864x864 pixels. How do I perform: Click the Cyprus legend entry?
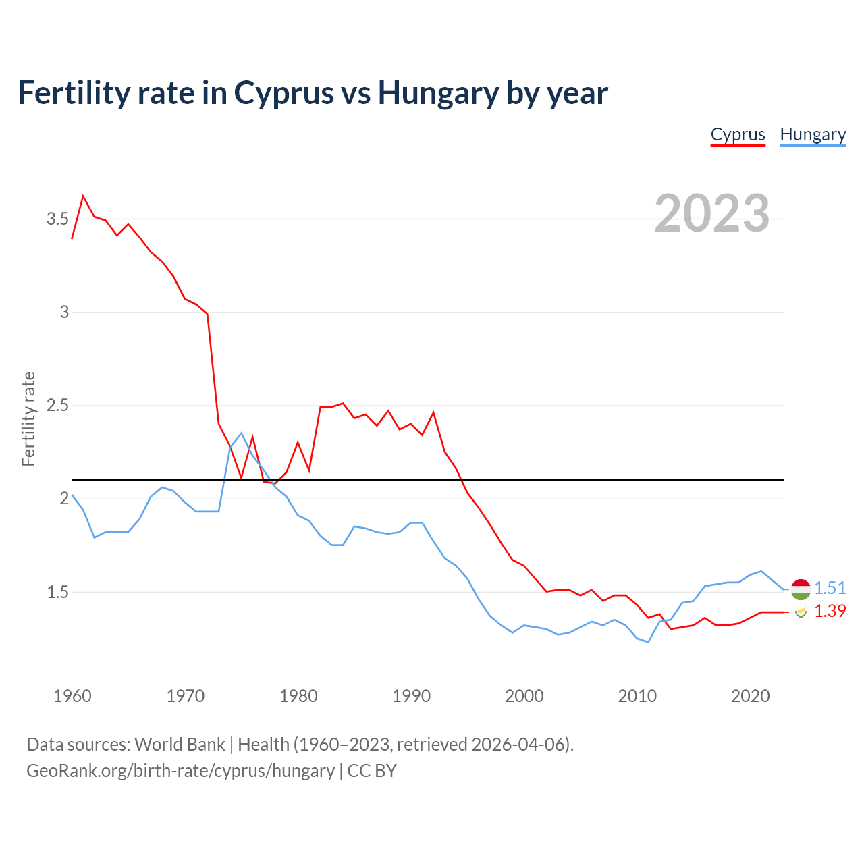click(738, 135)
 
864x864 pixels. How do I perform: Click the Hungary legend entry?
click(813, 135)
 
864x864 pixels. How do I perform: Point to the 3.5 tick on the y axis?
click(57, 219)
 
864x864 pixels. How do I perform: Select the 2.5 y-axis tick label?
click(57, 406)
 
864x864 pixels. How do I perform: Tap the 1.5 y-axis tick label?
click(57, 592)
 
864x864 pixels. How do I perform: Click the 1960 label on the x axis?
click(72, 696)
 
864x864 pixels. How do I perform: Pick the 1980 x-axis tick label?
click(298, 696)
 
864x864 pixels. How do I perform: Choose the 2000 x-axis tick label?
click(524, 696)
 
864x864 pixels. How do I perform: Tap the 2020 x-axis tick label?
click(750, 696)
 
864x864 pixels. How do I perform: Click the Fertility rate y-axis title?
click(28, 418)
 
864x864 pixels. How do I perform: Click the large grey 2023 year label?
click(712, 213)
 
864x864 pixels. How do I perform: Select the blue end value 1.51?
click(830, 589)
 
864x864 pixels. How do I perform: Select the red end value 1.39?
click(830, 611)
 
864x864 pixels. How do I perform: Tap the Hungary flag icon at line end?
click(801, 589)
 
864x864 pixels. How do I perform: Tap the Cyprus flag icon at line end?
click(801, 612)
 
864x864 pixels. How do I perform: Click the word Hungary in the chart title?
click(439, 92)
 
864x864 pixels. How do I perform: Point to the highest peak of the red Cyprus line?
click(83, 196)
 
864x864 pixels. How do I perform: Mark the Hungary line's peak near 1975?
click(241, 433)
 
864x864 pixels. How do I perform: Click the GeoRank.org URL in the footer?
click(180, 771)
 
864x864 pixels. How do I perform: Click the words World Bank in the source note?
click(180, 745)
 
